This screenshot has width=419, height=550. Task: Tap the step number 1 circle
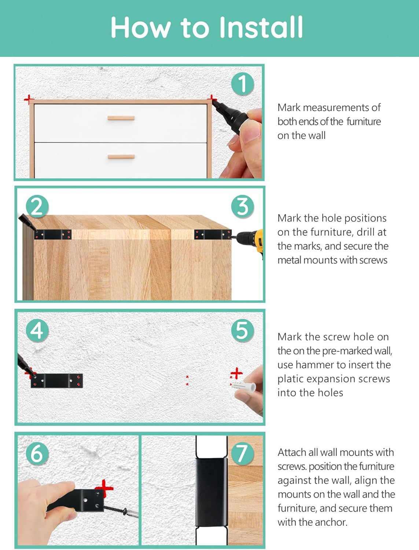tap(243, 84)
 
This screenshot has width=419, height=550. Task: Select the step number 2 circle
tap(37, 206)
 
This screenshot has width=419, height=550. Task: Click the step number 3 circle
tap(243, 206)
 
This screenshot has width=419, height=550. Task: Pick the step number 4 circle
tap(37, 330)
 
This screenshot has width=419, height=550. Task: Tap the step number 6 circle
tap(37, 454)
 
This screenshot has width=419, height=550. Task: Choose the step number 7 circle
tap(242, 454)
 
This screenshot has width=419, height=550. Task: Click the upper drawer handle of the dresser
tap(121, 118)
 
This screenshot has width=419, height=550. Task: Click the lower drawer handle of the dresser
tap(121, 157)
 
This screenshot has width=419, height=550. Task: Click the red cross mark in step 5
tap(236, 373)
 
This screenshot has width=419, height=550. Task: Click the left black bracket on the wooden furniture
tap(53, 234)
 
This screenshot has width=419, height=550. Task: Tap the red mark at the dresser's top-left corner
tap(28, 99)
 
